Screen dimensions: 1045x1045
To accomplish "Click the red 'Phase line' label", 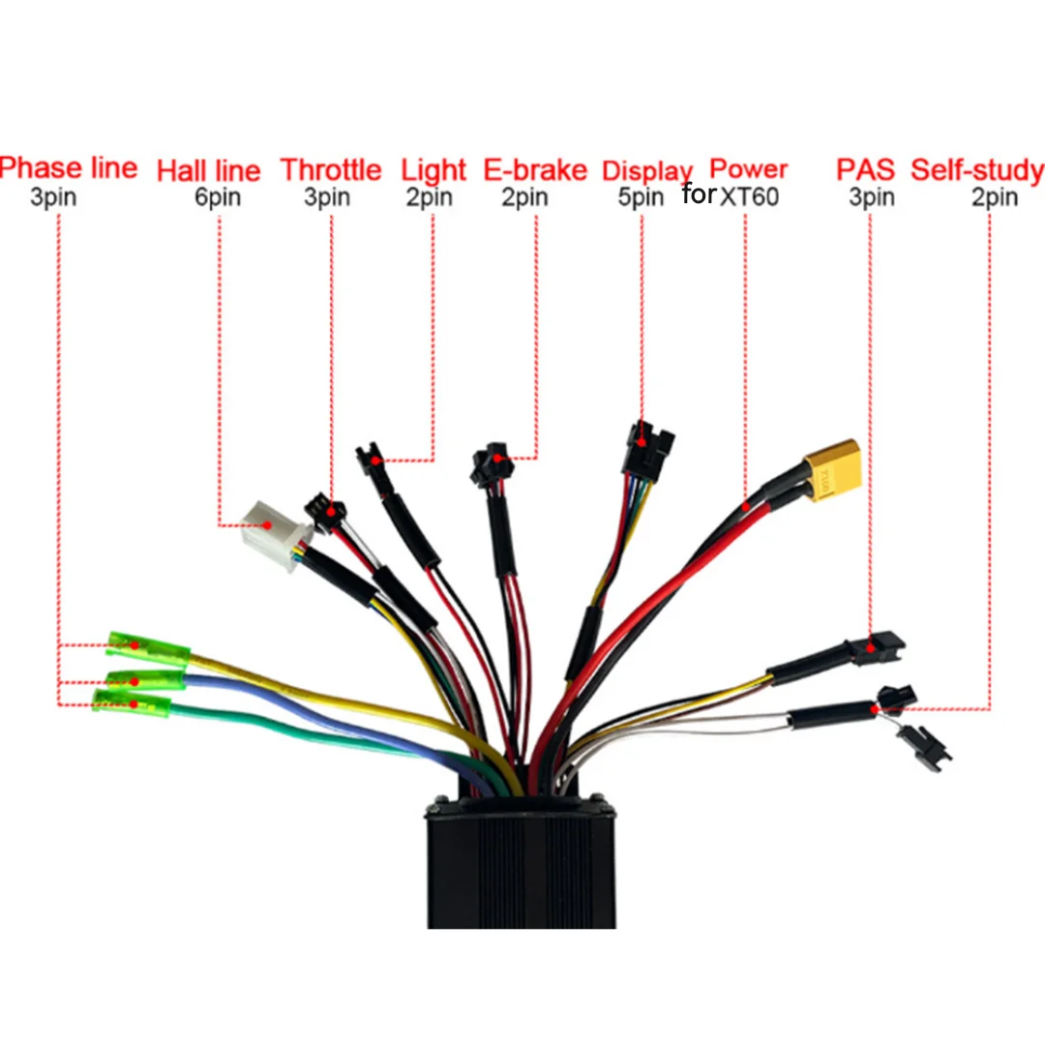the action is coord(68,167).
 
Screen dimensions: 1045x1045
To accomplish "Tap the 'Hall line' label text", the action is coord(208,170).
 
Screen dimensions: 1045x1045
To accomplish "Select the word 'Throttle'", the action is coord(331,170).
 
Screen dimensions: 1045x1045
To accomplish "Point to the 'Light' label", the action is coord(433,171).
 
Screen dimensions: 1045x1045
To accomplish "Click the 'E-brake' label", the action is coord(535,170).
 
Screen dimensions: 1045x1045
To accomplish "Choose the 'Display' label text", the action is coord(647,172).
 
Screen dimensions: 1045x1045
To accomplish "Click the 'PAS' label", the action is coord(865,169).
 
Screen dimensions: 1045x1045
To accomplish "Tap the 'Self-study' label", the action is coord(977,170).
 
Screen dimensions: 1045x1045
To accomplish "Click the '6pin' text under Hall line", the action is coord(218,197).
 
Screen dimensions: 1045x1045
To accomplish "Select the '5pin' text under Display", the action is coord(641,197).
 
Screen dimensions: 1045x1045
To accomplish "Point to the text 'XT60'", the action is coord(749,196).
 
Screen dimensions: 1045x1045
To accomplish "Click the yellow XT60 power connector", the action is coord(833,469).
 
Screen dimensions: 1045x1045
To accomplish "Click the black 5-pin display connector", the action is coord(647,449).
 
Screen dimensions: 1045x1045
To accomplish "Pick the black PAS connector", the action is coord(876,647).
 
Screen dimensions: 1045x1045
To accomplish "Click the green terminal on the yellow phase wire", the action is coord(148,648).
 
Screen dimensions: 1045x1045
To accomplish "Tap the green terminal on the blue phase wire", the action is coord(145,681).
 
